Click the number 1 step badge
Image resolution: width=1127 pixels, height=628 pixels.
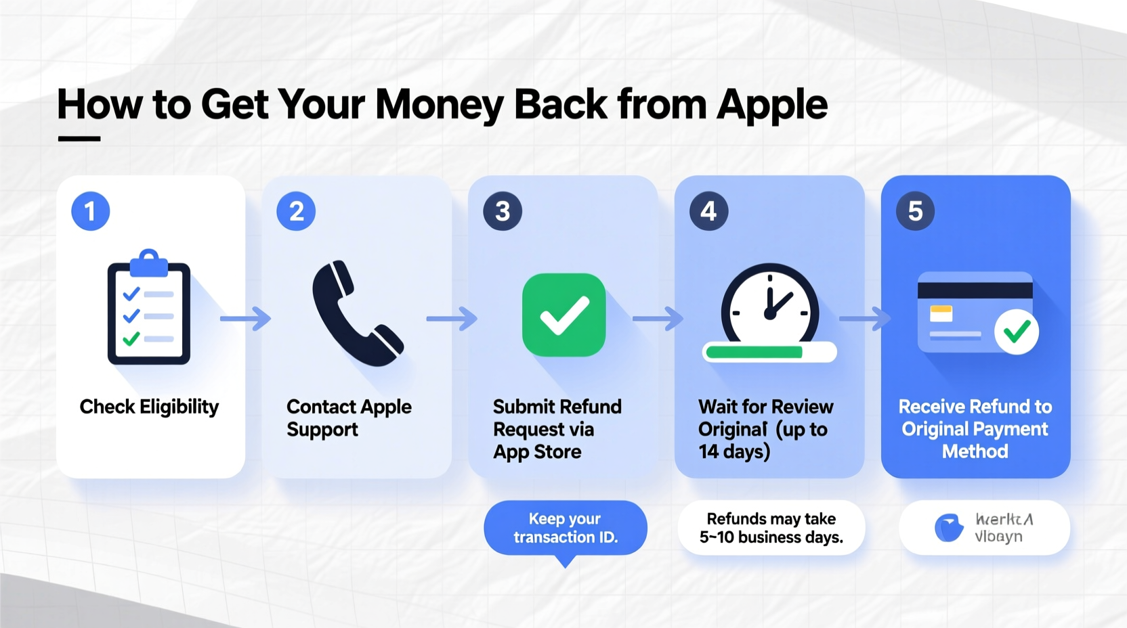click(91, 211)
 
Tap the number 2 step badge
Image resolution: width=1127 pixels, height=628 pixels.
click(296, 211)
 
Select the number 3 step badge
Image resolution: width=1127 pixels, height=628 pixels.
click(503, 211)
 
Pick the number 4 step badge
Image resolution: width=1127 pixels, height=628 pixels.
click(708, 211)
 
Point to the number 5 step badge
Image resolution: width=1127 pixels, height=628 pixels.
click(915, 211)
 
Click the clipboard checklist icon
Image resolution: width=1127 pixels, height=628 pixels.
click(149, 308)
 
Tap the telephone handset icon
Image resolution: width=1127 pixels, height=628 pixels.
click(356, 313)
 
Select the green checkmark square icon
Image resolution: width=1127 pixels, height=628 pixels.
click(563, 315)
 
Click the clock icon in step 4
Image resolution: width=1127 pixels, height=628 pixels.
click(770, 305)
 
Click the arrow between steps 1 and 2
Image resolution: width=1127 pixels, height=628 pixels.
click(245, 317)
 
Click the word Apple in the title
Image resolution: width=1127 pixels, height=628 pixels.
click(771, 105)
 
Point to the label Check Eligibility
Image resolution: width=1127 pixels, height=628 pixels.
click(149, 407)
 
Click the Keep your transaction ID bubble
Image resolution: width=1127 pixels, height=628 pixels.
click(566, 528)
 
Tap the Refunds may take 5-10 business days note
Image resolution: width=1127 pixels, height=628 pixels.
click(771, 528)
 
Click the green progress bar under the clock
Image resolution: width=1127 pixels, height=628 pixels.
click(754, 352)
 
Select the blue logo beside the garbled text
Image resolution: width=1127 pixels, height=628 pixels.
click(949, 528)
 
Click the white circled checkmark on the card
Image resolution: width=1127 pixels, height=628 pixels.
click(1016, 332)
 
